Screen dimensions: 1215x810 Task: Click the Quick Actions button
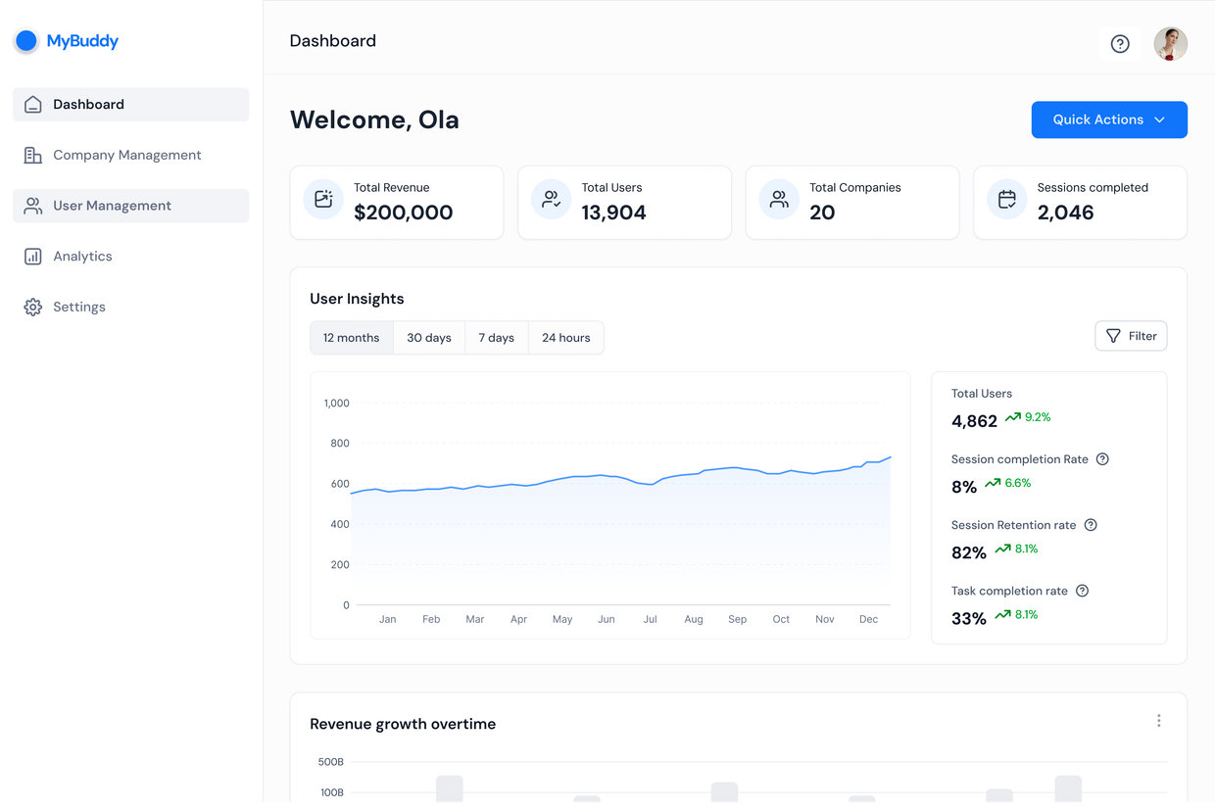[x=1109, y=119]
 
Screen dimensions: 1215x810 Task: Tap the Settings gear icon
[x=33, y=307]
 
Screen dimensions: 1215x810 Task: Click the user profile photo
[x=1171, y=43]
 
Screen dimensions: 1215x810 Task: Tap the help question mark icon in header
[x=1120, y=43]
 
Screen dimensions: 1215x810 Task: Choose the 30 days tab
[x=429, y=337]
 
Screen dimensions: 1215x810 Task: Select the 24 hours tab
[x=565, y=337]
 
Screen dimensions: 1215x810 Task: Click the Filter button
[x=1131, y=336]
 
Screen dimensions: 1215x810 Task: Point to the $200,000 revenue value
[x=403, y=212]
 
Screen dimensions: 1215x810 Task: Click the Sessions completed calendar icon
[x=1007, y=199]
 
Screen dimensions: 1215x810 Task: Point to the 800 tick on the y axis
[x=340, y=443]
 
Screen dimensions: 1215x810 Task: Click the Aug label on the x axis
[x=694, y=619]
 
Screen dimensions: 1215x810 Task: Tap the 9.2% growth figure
[x=1038, y=417]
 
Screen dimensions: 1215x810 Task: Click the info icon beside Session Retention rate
[x=1091, y=525]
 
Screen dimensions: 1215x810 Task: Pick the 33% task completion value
[x=969, y=618]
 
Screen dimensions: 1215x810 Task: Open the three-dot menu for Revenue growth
[x=1158, y=721]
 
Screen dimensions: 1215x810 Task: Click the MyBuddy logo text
[x=82, y=41]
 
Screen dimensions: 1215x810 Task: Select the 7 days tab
[x=497, y=337]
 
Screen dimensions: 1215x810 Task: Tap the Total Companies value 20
[x=822, y=212]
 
